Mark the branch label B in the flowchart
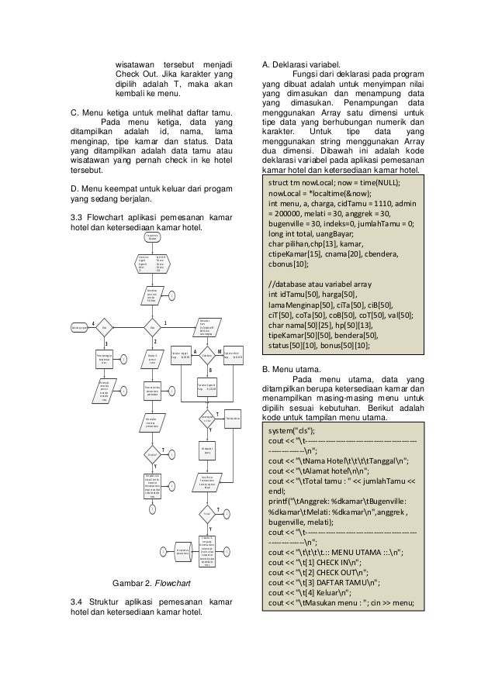pyautogui.click(x=210, y=371)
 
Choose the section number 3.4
pyautogui.click(x=78, y=602)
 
